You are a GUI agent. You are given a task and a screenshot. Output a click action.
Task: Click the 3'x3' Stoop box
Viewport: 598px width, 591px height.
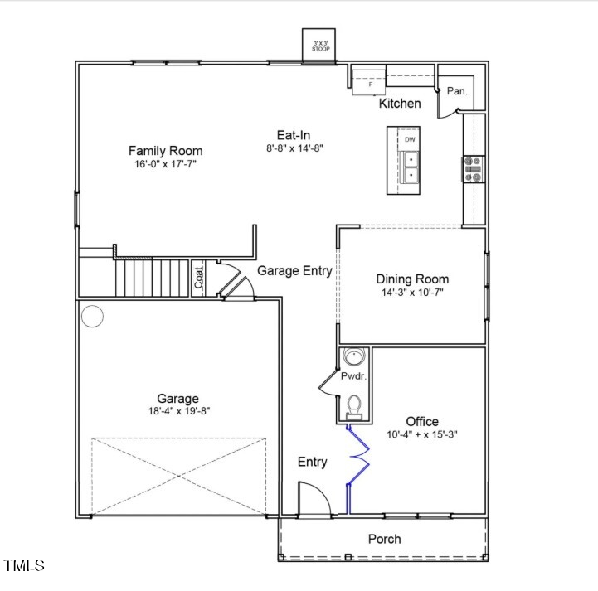(320, 46)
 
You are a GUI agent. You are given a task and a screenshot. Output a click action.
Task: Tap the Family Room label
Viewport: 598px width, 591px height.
(165, 150)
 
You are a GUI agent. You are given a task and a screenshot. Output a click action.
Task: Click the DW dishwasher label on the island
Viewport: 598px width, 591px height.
(410, 139)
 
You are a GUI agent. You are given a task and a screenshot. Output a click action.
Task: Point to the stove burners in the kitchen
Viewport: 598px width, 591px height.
(474, 169)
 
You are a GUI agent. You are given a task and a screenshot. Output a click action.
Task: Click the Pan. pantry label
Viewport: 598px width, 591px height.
(457, 91)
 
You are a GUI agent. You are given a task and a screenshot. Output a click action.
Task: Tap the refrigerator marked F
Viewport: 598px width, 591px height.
(370, 84)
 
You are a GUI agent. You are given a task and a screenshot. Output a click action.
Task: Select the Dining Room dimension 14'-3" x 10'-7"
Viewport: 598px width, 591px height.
(412, 293)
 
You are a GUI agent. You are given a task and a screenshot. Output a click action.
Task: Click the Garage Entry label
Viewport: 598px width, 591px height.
(294, 270)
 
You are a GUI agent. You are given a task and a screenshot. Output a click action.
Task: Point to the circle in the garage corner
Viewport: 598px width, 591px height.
(92, 317)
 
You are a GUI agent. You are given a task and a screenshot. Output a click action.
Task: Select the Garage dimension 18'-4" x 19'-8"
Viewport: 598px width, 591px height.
(177, 411)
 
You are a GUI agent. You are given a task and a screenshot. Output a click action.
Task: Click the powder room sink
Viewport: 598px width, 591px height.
(355, 358)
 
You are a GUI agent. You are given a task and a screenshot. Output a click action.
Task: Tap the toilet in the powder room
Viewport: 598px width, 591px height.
(354, 404)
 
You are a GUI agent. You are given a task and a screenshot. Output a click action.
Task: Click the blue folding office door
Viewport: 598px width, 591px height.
(357, 467)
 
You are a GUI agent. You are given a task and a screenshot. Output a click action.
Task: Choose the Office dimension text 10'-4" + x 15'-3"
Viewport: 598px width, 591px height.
(422, 434)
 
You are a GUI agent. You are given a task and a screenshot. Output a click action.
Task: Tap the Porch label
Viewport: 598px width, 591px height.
(384, 539)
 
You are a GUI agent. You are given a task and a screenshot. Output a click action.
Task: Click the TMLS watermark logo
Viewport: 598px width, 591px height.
(25, 566)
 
